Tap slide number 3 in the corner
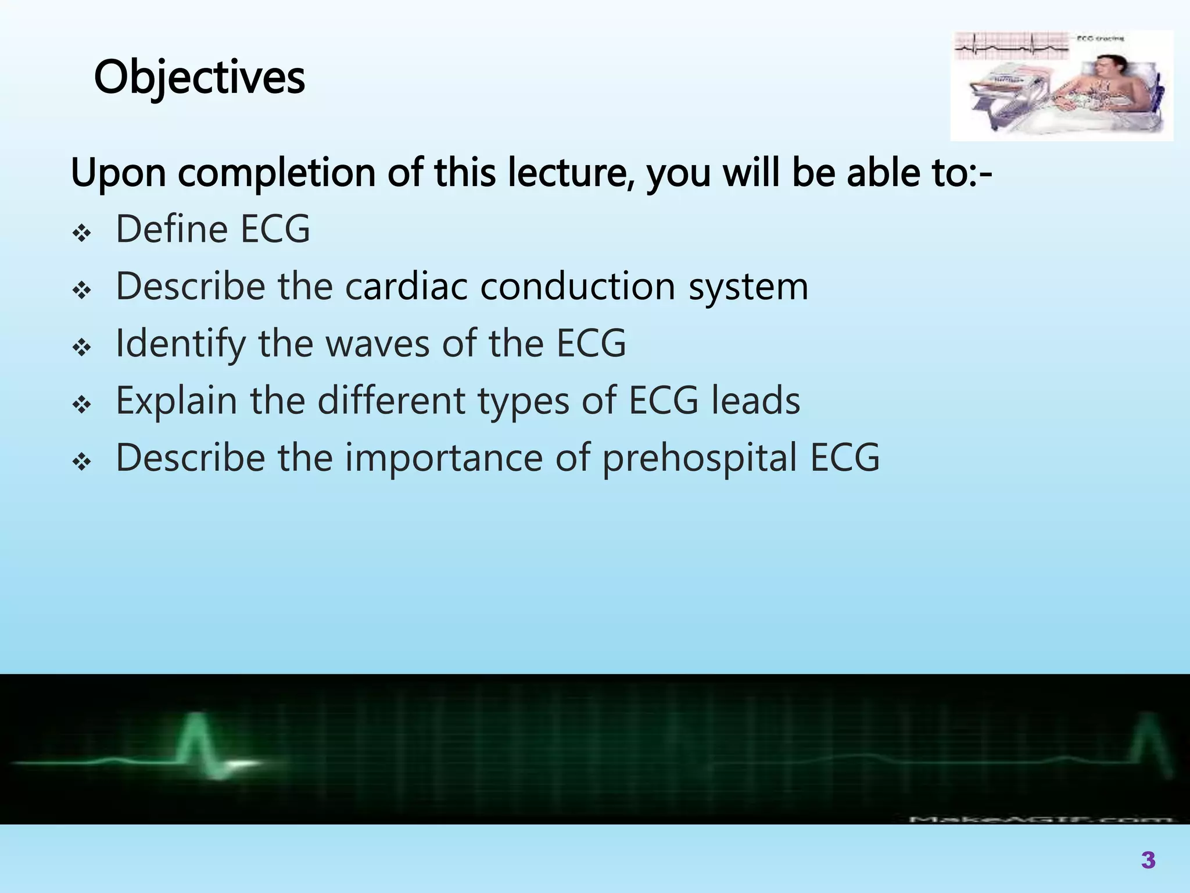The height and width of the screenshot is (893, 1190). [1148, 860]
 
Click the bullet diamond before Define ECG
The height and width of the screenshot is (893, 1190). [82, 234]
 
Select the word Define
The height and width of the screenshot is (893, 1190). [171, 229]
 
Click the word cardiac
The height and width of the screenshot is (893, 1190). [406, 286]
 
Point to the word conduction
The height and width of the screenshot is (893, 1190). [578, 286]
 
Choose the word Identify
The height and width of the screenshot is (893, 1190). [181, 344]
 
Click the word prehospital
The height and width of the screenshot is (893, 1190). [699, 458]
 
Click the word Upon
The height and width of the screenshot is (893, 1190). [118, 173]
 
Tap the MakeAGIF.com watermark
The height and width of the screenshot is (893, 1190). [1040, 819]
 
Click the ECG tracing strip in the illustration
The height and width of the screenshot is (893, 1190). [1011, 47]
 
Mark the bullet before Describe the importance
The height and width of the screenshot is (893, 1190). [82, 463]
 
